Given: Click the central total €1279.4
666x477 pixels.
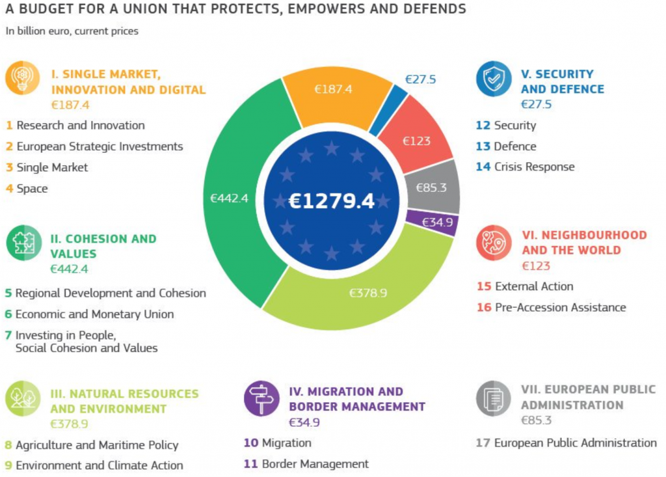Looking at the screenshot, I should pyautogui.click(x=332, y=201).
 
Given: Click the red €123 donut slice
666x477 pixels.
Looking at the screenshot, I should pyautogui.click(x=416, y=141).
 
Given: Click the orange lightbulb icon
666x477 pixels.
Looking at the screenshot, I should pyautogui.click(x=23, y=77).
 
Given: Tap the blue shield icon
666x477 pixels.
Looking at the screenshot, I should pyautogui.click(x=494, y=79).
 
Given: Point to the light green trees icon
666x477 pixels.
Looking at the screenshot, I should pyautogui.click(x=23, y=399).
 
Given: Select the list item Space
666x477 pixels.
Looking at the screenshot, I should pyautogui.click(x=32, y=189).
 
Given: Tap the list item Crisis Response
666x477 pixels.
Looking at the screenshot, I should pyautogui.click(x=534, y=167).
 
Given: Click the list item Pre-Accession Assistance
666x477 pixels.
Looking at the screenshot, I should pyautogui.click(x=560, y=307).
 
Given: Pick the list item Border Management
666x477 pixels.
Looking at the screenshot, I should pyautogui.click(x=315, y=464).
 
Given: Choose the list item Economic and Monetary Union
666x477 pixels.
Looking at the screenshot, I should pyautogui.click(x=94, y=314).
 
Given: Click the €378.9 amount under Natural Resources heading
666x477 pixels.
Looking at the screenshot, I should pyautogui.click(x=68, y=424).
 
